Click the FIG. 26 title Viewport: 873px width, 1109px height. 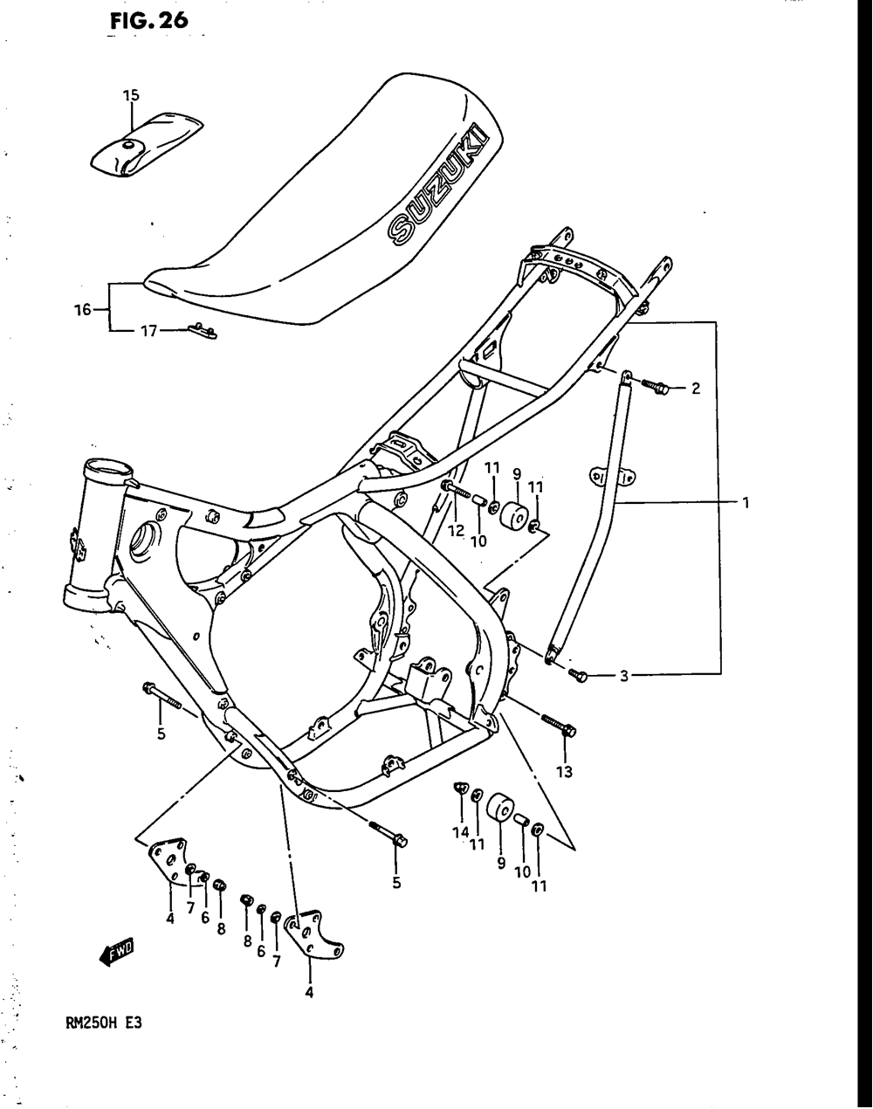click(148, 20)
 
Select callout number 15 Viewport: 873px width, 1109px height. click(131, 94)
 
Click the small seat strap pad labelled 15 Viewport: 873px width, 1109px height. click(146, 141)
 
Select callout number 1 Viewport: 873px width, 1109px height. click(746, 502)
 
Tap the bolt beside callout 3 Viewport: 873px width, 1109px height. click(578, 673)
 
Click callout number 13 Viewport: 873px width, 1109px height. click(564, 771)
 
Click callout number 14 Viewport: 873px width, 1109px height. click(460, 832)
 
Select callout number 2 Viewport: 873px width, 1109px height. click(696, 389)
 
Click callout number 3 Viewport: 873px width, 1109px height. click(623, 675)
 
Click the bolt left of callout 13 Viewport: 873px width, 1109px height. click(555, 723)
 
